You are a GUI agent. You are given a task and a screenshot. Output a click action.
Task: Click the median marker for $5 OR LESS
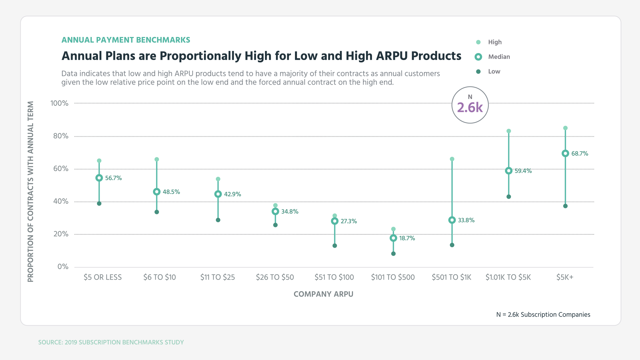(x=99, y=178)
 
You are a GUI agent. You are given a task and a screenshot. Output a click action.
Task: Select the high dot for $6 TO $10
(x=157, y=159)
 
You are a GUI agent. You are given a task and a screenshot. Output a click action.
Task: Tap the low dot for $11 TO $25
(x=218, y=220)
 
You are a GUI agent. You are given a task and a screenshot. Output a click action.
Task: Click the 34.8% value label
(x=290, y=212)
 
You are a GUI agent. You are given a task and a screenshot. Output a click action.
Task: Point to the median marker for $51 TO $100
(x=335, y=221)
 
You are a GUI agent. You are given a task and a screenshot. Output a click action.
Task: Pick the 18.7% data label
(x=407, y=238)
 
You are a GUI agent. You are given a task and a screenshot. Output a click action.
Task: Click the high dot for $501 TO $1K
(x=452, y=159)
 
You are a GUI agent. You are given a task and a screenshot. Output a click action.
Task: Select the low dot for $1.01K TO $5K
(x=509, y=197)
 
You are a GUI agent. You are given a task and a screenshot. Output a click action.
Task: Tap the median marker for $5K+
(x=565, y=153)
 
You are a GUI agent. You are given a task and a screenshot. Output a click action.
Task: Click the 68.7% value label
(x=580, y=154)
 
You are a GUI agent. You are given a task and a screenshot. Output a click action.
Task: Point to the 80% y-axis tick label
(x=61, y=136)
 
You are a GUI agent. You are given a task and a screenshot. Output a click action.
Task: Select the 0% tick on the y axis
(x=63, y=267)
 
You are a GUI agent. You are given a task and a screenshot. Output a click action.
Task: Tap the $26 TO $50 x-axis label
(x=275, y=277)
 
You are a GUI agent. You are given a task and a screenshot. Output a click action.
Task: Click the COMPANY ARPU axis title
(x=323, y=294)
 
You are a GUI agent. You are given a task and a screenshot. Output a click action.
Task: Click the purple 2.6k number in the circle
(x=470, y=108)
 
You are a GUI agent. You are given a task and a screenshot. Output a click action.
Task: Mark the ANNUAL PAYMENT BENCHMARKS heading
(x=126, y=40)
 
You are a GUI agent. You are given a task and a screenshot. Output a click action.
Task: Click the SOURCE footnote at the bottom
(x=111, y=342)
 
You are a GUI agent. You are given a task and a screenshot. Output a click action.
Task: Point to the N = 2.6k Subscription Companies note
(x=543, y=315)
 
